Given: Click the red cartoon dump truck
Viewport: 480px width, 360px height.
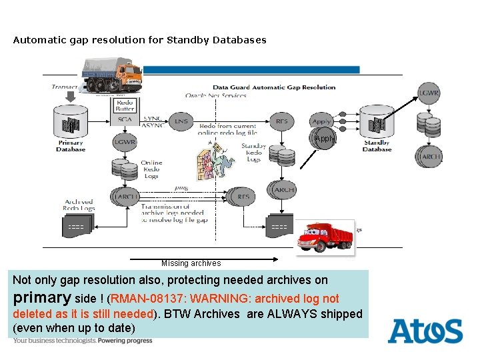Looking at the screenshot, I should coord(325,237).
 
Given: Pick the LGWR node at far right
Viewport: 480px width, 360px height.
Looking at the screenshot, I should coord(429,93).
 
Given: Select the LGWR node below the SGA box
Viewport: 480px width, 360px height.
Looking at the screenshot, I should coord(125,142).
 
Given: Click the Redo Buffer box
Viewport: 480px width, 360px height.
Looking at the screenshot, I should coord(125,105).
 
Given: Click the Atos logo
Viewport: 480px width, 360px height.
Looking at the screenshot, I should coord(425,331).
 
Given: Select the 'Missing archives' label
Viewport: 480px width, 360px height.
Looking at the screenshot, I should coord(191,263).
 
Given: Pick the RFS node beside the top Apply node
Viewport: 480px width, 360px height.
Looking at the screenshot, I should coord(282,121).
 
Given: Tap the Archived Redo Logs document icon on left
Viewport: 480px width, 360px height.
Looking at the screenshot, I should coord(78,227).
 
